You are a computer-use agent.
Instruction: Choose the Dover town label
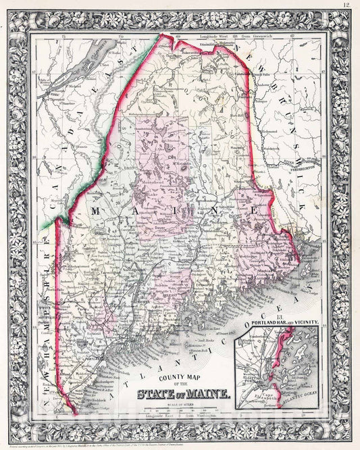178,226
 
